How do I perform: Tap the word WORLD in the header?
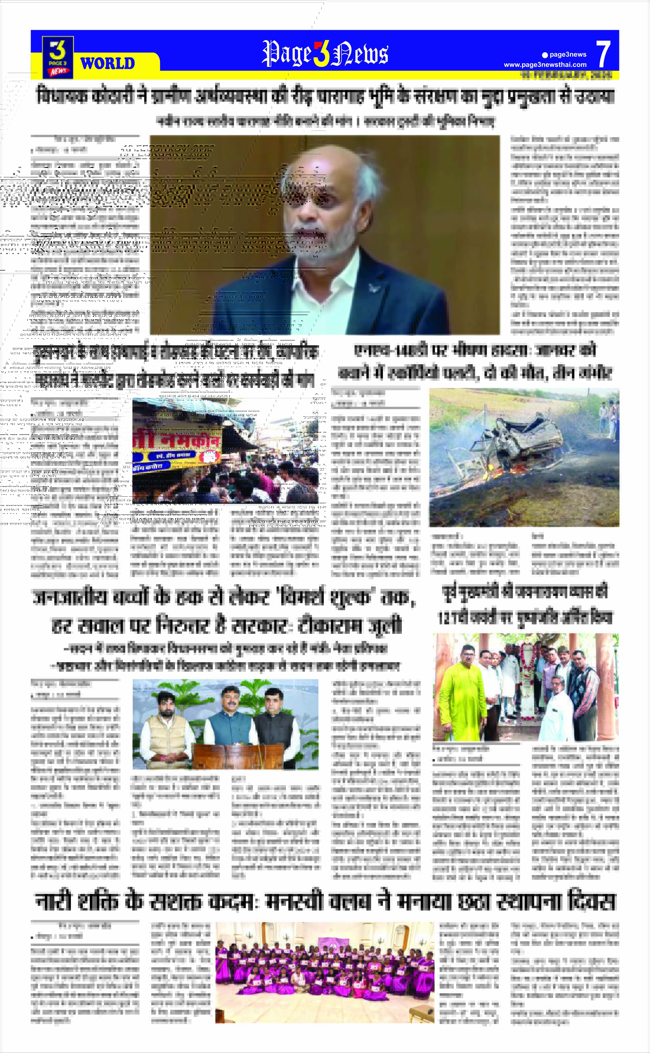click(x=108, y=64)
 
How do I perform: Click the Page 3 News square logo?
click(x=58, y=57)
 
